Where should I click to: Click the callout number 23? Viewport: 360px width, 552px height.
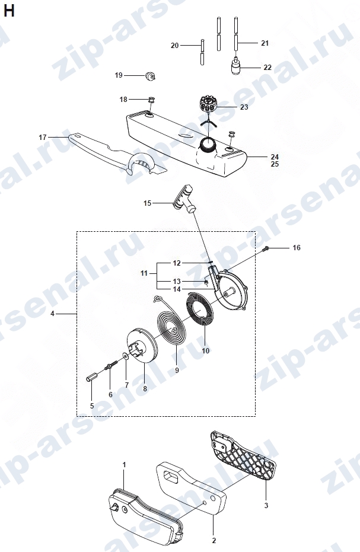(x=244, y=107)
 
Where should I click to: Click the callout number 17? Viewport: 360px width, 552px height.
(x=43, y=138)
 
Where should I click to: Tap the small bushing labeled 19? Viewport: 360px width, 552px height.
(x=151, y=76)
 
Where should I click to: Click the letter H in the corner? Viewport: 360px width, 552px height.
(x=8, y=11)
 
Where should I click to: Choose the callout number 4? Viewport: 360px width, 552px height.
(x=52, y=313)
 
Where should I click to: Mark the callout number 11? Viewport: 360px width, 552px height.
(x=144, y=273)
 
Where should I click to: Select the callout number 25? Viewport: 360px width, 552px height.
(x=275, y=164)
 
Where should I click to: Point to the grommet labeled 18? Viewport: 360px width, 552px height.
(x=152, y=100)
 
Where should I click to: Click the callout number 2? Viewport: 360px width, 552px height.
(x=214, y=540)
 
